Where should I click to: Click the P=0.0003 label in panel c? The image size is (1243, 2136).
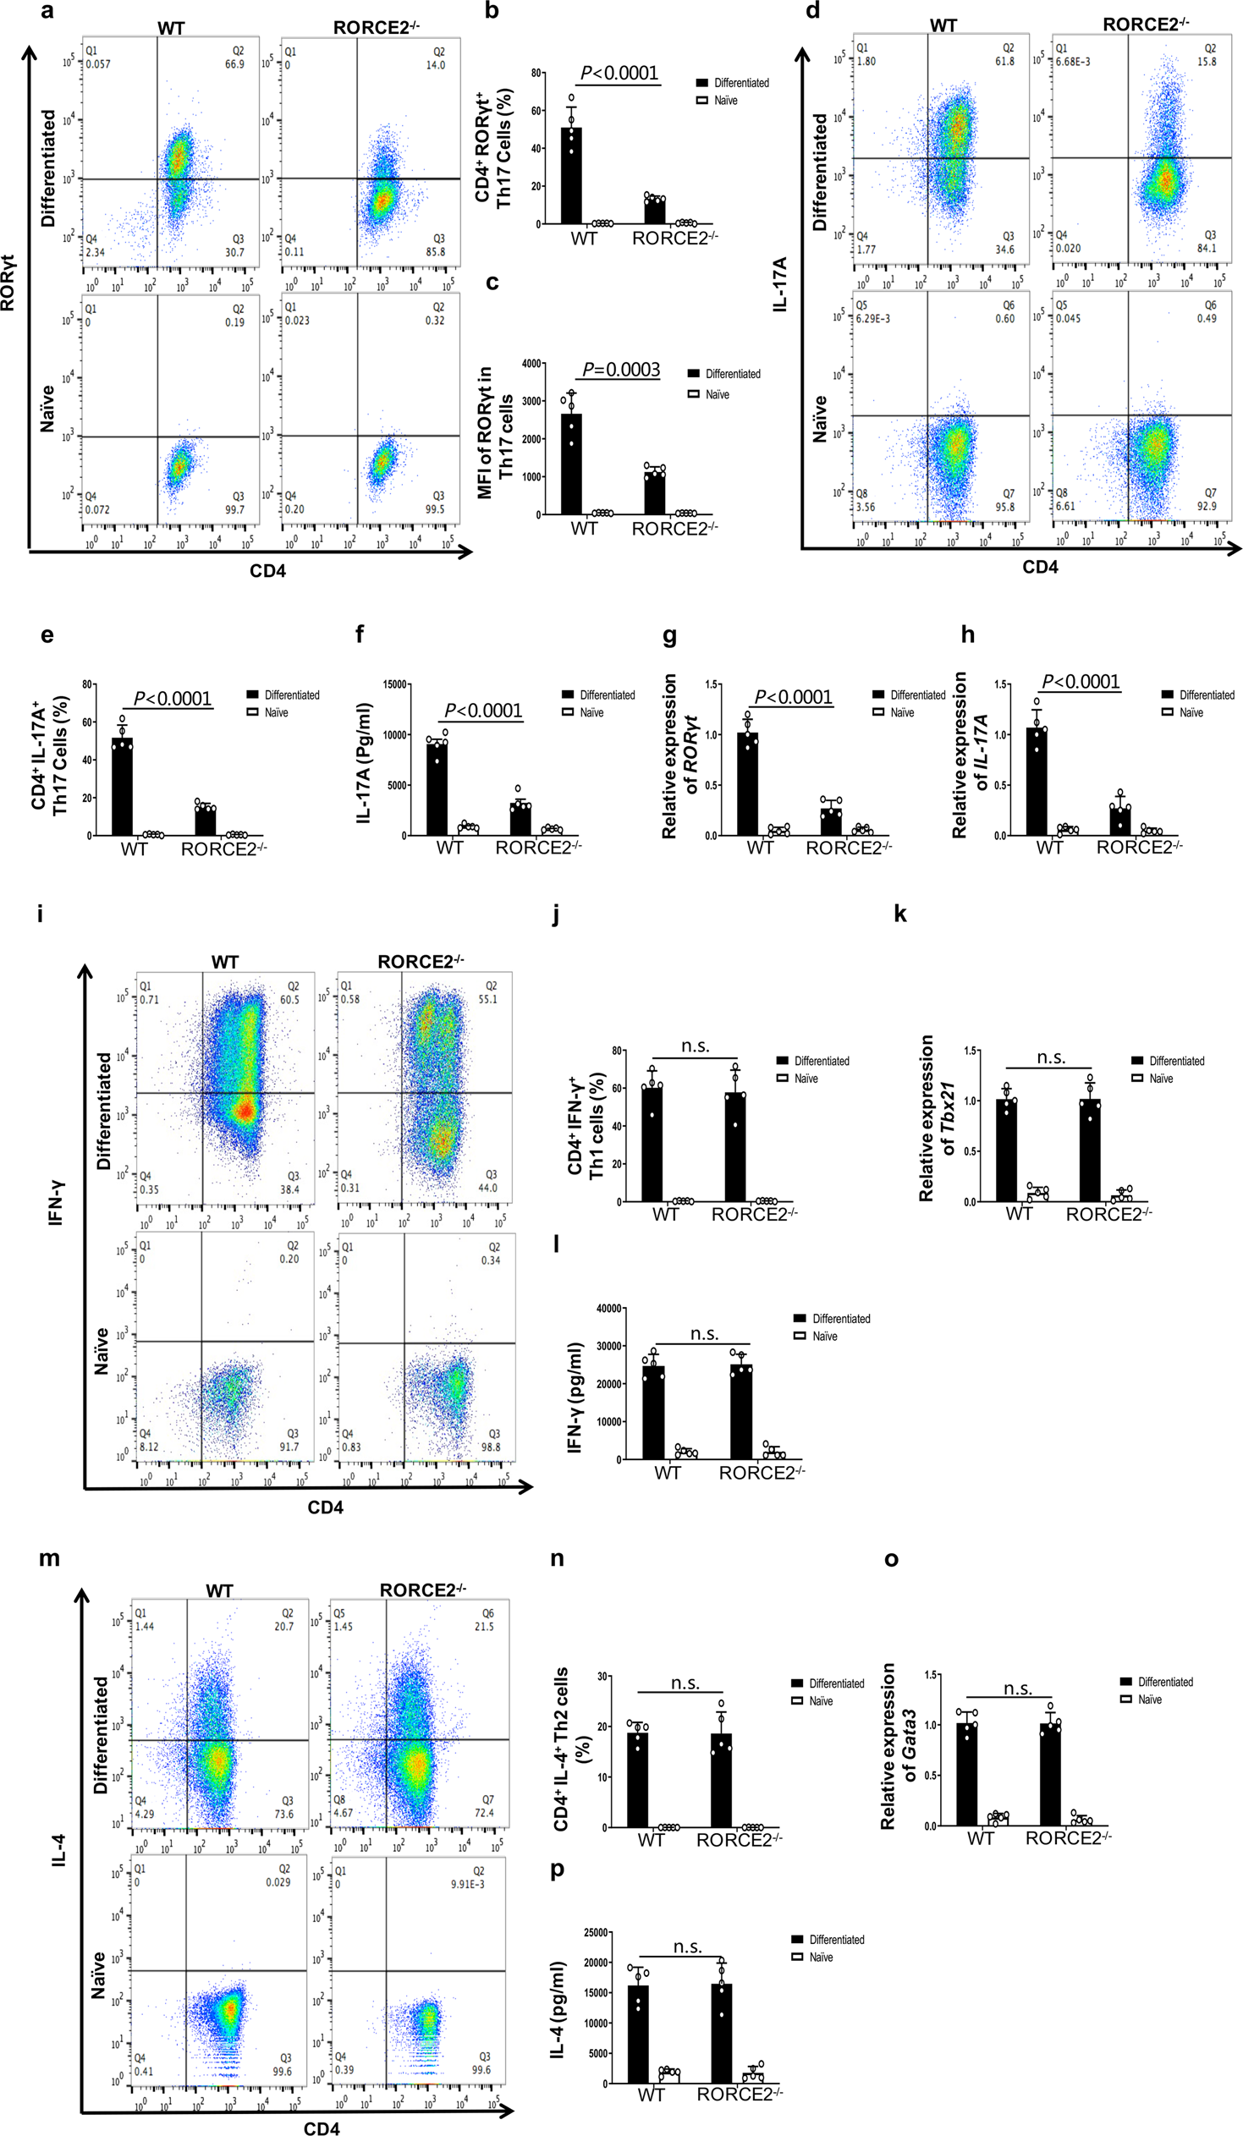click(620, 370)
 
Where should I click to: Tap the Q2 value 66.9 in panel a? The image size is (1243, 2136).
click(235, 64)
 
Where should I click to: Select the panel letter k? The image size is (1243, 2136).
click(899, 914)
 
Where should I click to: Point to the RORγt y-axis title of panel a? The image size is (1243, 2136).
click(9, 283)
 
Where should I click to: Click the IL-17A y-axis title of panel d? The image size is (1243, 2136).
click(780, 285)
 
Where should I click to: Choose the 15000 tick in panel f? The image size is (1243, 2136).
click(397, 685)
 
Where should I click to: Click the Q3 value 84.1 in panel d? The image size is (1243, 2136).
click(1207, 249)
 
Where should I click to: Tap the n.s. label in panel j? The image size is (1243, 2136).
click(696, 1046)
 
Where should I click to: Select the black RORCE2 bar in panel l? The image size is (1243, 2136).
click(741, 1412)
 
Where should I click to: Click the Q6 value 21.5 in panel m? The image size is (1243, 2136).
click(484, 1627)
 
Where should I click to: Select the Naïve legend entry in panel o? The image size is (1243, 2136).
click(1149, 1699)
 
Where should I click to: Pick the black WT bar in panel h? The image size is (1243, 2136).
click(1037, 781)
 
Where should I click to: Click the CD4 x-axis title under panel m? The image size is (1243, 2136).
click(322, 2128)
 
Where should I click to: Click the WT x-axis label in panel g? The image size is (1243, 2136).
click(760, 848)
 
